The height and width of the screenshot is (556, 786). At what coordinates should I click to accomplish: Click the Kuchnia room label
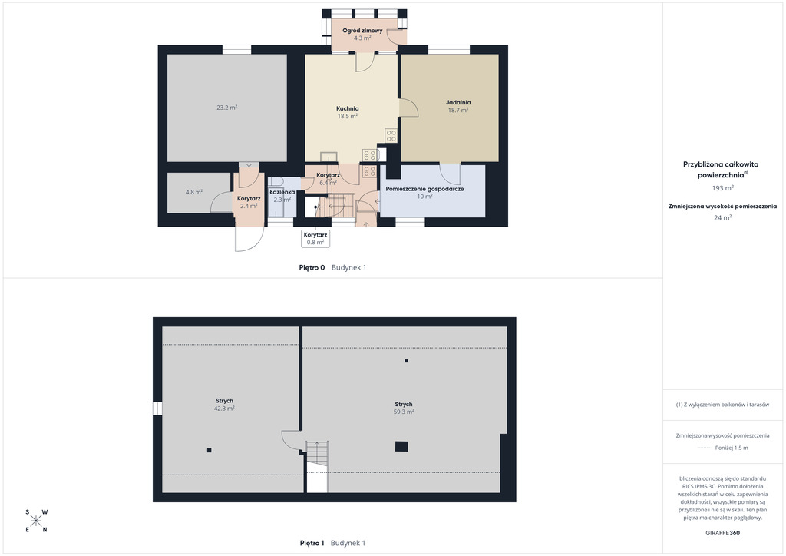coord(348,108)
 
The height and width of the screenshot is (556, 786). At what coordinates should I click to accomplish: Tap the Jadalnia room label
coord(458,102)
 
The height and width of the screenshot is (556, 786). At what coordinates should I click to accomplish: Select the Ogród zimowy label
coord(362,31)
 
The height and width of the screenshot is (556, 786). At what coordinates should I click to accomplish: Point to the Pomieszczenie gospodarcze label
coord(424,189)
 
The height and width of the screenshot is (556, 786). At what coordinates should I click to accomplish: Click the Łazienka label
coord(282,192)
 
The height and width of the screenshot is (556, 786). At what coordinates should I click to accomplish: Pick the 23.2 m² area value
coord(226,108)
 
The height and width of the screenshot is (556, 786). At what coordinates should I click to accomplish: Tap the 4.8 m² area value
coord(194,192)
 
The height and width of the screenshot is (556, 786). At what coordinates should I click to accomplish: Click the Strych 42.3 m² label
coord(224,405)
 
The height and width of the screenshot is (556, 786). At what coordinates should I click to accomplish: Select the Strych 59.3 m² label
coord(404,408)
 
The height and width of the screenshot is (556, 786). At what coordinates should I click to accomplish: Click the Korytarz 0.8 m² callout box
coord(315,239)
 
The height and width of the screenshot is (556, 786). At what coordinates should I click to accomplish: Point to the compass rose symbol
coord(36,521)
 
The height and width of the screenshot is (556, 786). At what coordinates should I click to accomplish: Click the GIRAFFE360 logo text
coord(722,533)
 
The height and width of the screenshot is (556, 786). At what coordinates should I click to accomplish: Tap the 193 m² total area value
coord(722,188)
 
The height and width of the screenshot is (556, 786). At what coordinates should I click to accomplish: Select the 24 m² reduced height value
coord(722,217)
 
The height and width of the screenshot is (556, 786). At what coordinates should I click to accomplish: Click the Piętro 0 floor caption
coord(312,268)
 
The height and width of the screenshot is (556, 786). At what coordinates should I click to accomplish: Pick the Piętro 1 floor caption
coord(312,543)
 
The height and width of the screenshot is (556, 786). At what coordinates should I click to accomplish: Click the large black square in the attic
coord(401,446)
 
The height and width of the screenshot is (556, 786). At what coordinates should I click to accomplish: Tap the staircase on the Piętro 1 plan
coord(317,466)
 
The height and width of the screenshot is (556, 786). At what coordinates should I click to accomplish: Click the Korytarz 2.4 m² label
coord(249,202)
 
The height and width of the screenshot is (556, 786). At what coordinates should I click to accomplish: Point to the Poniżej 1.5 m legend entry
coord(722,448)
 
